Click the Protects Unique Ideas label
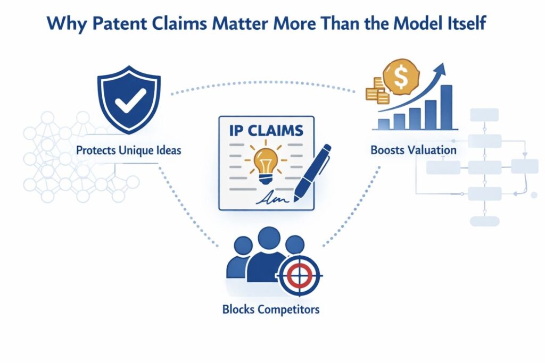tap(128, 150)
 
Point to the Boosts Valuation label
tap(413, 150)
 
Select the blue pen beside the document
tap(313, 176)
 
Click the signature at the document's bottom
tap(271, 198)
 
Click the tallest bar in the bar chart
tap(447, 107)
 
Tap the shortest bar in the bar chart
tap(384, 124)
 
